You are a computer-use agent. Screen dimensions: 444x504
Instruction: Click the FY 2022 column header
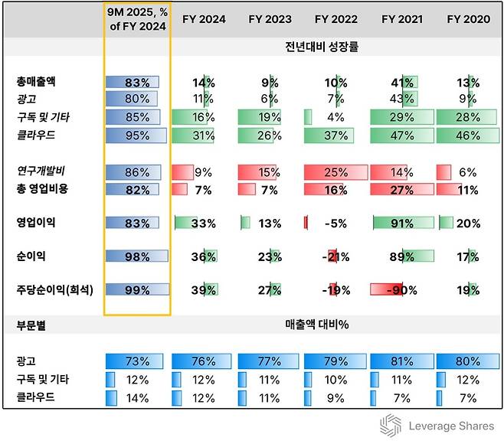coord(335,19)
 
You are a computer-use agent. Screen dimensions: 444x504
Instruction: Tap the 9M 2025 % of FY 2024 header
coord(137,19)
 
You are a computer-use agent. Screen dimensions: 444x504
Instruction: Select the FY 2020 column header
coord(468,19)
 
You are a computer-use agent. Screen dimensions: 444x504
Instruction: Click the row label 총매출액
coord(36,81)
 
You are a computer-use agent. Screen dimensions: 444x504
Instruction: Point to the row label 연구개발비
coord(40,172)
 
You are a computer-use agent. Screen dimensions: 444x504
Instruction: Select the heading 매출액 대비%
coord(316,325)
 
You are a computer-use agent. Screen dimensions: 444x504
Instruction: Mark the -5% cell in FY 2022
coord(335,224)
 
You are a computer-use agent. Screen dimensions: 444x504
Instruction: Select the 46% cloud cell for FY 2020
coord(468,135)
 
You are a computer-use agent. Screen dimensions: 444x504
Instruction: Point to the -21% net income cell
coord(335,257)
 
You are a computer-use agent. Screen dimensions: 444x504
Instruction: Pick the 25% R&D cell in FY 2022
coord(335,172)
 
